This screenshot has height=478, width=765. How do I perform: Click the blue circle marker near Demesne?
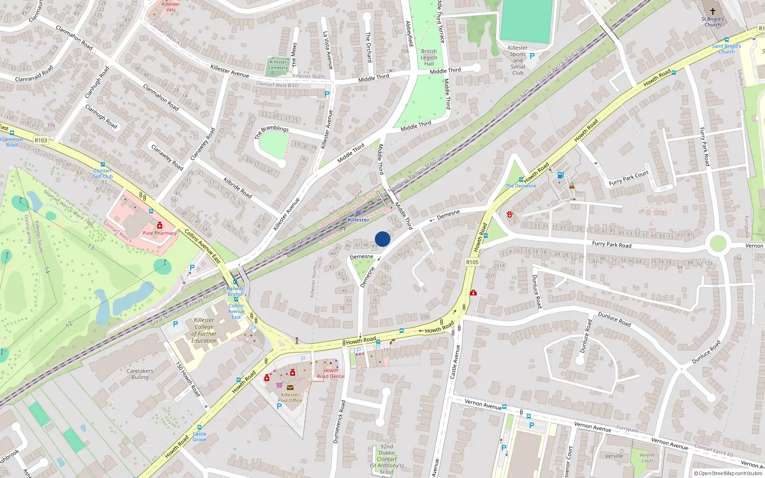point(382,239)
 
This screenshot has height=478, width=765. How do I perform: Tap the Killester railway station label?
point(358,220)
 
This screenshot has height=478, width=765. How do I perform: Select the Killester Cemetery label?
point(278,65)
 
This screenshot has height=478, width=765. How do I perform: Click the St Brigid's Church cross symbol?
point(712,11)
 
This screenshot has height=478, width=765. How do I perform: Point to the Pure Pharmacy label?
point(160,233)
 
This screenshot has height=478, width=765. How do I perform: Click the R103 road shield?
point(41,141)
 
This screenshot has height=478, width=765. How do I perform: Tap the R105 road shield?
point(472,262)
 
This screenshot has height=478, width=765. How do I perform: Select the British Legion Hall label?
point(429,57)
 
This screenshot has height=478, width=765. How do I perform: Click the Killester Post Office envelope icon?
point(290,388)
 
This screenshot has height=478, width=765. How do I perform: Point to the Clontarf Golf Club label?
point(103,174)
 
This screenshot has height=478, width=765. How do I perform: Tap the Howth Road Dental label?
point(330,373)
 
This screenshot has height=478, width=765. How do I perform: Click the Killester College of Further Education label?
point(204,330)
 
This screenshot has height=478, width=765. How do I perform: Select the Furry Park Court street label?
point(629,178)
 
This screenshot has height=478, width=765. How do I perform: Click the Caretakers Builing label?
point(140,374)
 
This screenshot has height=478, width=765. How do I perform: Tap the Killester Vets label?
point(171,7)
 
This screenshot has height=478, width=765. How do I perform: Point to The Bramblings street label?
point(272,131)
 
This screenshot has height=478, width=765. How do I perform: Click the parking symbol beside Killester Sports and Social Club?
point(532,56)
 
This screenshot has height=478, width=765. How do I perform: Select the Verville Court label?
point(647,457)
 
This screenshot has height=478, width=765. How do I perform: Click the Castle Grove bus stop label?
point(199,436)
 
